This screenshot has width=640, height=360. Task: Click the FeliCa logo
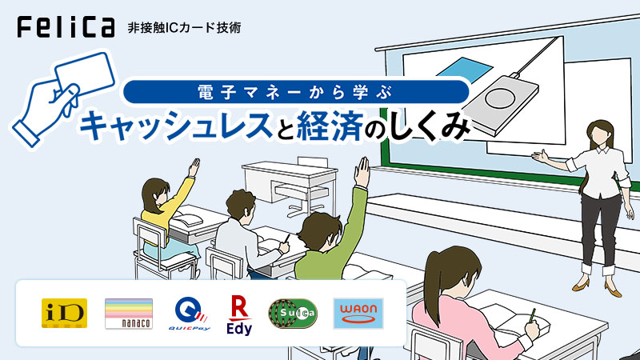coord(66,27)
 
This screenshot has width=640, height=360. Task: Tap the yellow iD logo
coord(64,313)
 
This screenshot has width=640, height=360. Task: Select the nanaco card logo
coord(129,314)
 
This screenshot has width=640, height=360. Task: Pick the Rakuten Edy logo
coord(239,314)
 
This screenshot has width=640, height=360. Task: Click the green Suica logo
coord(293,314)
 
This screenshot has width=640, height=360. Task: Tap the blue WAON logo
coord(358,314)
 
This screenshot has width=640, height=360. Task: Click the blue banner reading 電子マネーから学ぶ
coord(296,92)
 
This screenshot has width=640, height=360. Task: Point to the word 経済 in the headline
coord(330,126)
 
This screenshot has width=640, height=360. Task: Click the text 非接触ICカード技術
coord(184,28)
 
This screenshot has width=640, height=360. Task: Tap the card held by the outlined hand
coord(86,74)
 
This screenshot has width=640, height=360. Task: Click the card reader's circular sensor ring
coord(500,98)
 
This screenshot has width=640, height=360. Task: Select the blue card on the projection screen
coord(465,70)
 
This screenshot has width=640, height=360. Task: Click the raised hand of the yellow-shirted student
coord(194,167)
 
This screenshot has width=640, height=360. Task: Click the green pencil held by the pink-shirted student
coord(533,315)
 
